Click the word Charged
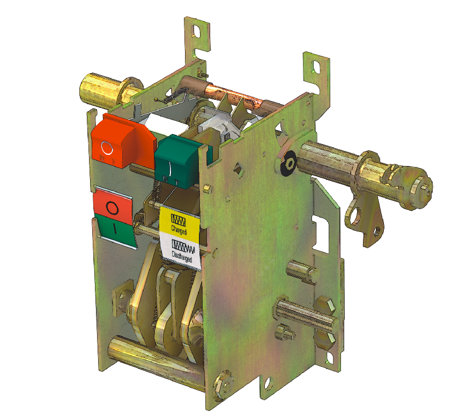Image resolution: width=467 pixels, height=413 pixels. tap(179, 230)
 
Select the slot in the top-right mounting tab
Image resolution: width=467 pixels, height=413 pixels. tap(317, 67)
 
